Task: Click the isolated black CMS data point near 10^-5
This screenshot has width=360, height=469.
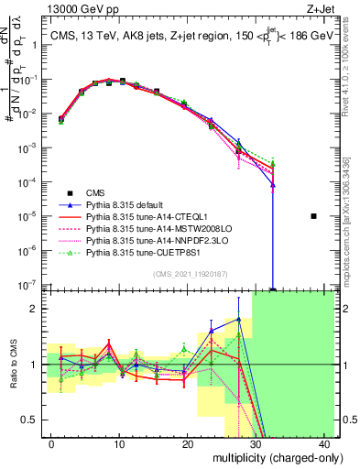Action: [x=313, y=216]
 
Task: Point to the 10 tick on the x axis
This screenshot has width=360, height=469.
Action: [x=119, y=443]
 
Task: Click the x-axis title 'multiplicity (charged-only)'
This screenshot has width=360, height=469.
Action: [x=267, y=457]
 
